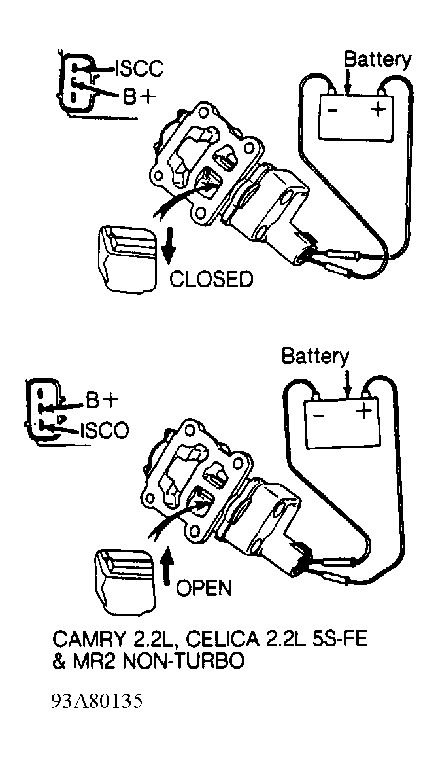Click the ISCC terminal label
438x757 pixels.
tap(139, 69)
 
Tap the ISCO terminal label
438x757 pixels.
tap(104, 430)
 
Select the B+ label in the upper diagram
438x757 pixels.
tap(139, 97)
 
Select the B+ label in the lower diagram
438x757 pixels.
tap(102, 400)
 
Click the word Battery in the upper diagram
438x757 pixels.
tap(377, 60)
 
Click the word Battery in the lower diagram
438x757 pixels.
tap(314, 357)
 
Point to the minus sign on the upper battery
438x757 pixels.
tap(332, 111)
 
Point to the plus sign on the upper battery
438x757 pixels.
tap(379, 109)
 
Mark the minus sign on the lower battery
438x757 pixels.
tap(318, 414)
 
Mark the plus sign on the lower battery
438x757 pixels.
tap(363, 411)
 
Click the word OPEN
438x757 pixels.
tap(203, 588)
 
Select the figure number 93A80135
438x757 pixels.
tap(97, 701)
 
